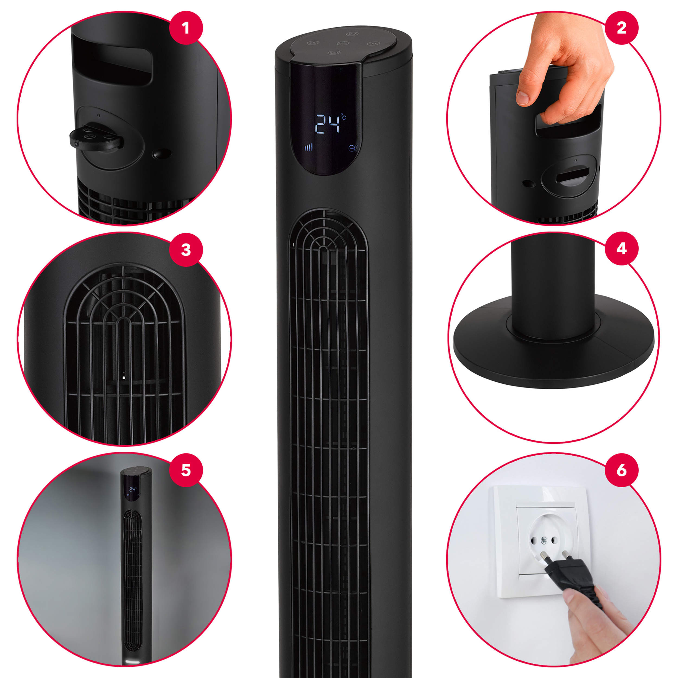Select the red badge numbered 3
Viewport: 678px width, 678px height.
tap(186, 250)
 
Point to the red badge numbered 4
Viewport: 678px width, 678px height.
tap(622, 248)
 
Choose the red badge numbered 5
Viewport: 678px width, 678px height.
tap(186, 470)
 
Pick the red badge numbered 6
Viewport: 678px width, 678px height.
tap(622, 470)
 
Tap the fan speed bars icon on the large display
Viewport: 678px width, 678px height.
tap(308, 147)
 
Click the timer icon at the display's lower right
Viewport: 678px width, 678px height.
tap(353, 148)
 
